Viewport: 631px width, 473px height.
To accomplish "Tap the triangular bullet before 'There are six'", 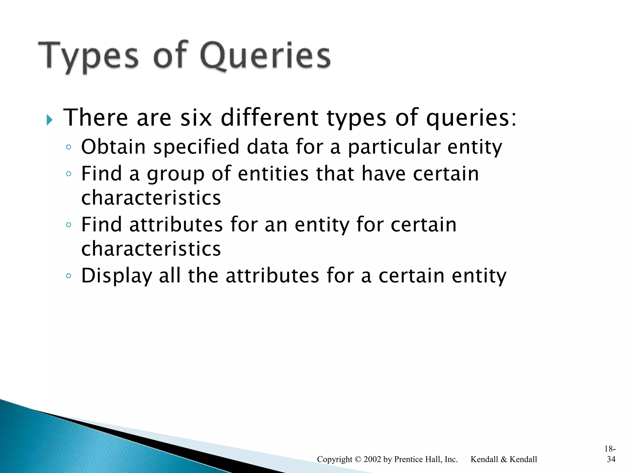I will (49, 119).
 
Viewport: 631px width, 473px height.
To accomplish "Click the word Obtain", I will (113, 147).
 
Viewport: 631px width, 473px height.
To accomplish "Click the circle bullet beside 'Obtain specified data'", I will (68, 147).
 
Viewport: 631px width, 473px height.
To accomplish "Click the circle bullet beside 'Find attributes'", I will (68, 224).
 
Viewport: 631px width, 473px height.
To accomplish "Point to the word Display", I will (116, 276).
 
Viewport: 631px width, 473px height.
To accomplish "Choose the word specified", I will (196, 147).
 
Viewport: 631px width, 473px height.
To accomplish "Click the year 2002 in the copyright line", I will (372, 459).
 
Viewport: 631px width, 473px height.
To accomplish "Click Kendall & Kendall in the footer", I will (504, 459).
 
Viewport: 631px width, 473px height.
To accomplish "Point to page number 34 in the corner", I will (611, 459).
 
